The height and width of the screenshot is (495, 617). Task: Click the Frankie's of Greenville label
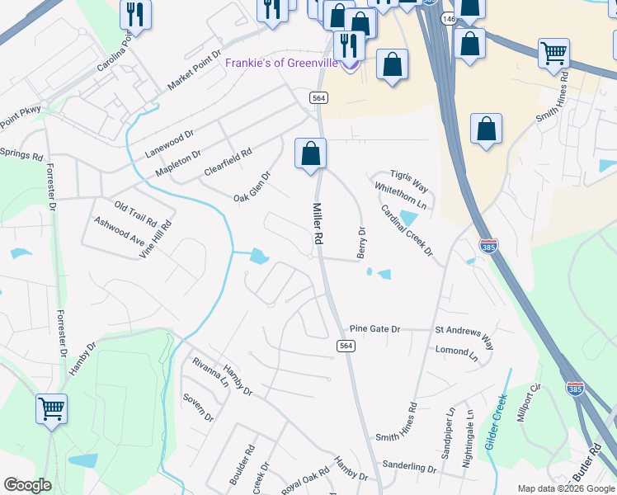(x=283, y=63)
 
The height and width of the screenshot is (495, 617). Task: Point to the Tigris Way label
(x=410, y=175)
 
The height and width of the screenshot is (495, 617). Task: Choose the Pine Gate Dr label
(x=374, y=328)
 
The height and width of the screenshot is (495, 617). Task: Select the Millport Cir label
(x=528, y=403)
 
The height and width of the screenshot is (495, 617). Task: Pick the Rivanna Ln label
(x=209, y=373)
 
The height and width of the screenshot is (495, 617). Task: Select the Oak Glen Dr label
(x=252, y=186)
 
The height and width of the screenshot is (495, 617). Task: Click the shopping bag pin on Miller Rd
(x=310, y=154)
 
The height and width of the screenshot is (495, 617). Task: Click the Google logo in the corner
(x=27, y=485)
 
